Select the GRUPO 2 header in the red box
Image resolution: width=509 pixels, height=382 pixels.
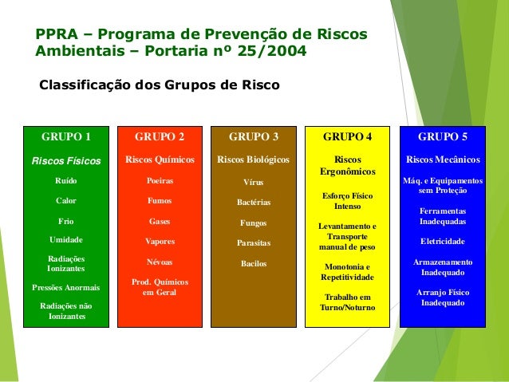160,136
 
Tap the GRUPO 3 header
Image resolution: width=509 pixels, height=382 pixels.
254,136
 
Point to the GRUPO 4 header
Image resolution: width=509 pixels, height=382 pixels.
347,136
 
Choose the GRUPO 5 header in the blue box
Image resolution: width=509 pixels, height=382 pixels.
443,136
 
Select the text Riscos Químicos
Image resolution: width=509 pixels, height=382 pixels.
160,159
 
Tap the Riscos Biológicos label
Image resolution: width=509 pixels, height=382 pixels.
254,159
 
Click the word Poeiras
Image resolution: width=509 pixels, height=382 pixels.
160,181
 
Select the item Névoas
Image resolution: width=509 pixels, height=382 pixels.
160,262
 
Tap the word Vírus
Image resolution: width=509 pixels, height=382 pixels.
254,183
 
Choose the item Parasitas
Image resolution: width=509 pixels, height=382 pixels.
254,242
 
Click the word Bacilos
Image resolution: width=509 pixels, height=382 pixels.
254,263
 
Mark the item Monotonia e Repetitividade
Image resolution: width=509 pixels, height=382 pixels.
347,272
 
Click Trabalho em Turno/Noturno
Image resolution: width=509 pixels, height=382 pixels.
347,302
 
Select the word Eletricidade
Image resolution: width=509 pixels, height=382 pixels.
443,241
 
